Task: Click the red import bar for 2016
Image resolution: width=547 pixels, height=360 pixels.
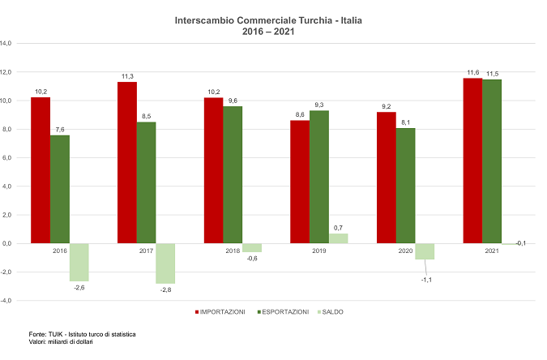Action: pos(41,170)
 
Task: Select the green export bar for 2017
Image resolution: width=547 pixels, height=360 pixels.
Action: pos(146,182)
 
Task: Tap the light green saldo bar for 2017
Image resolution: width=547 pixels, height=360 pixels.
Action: pos(165,263)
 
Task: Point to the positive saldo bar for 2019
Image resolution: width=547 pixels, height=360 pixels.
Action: pos(338,238)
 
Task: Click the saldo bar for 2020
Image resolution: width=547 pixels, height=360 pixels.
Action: pos(425,251)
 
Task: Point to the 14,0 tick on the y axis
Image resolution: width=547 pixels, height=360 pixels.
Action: pos(6,44)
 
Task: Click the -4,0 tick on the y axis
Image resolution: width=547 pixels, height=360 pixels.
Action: pos(6,301)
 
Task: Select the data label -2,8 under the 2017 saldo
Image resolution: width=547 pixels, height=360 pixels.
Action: pos(166,289)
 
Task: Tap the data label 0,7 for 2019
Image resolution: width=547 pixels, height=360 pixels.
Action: pos(338,228)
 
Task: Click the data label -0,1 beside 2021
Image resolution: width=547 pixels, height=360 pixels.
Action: pos(520,243)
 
